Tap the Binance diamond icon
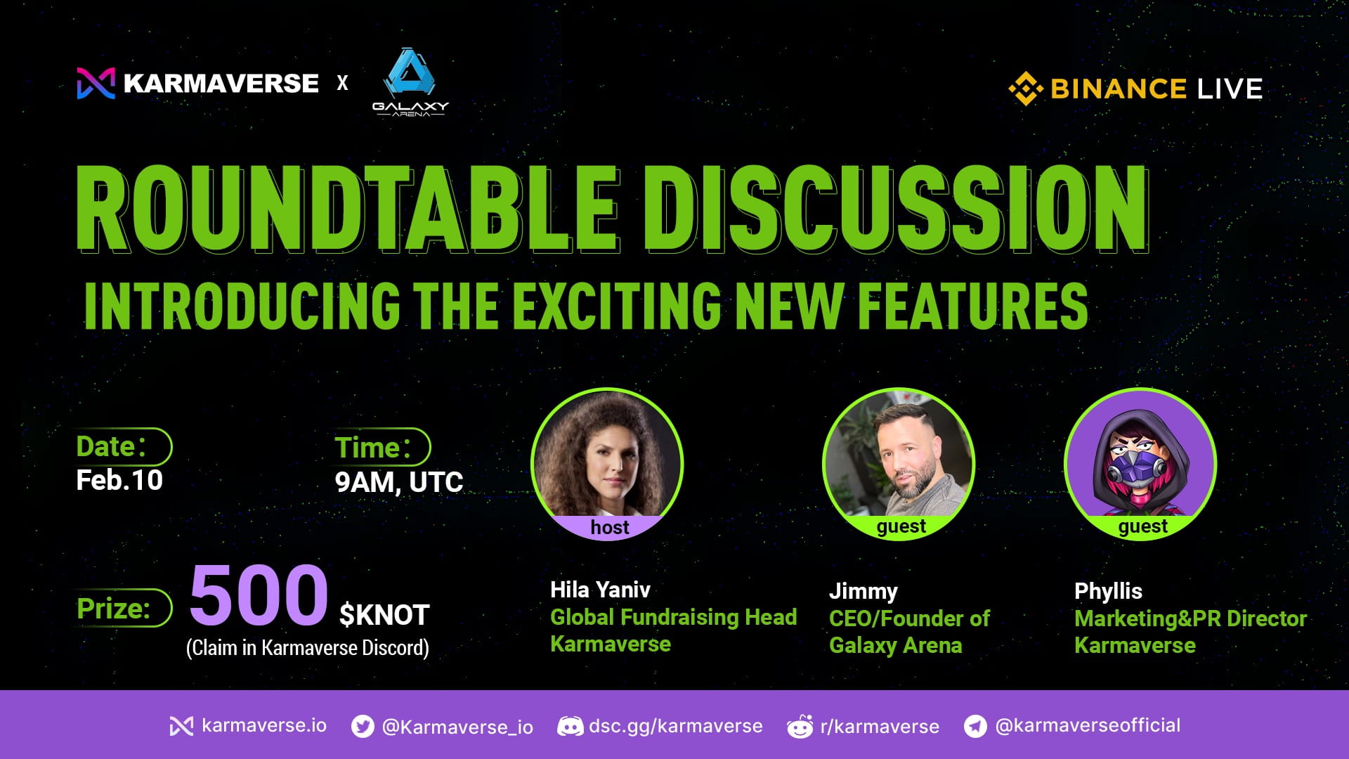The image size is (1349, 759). (1025, 89)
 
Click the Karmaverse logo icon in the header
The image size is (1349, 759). (96, 84)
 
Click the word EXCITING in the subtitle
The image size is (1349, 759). (616, 306)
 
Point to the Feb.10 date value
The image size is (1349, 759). (119, 481)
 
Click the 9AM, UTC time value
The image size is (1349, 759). (398, 483)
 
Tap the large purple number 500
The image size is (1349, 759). (259, 595)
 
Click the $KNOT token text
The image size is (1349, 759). (384, 616)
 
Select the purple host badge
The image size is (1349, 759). (609, 527)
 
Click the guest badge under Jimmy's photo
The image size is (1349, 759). (901, 526)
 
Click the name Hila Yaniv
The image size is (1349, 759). (600, 590)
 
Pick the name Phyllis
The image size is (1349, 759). (1108, 591)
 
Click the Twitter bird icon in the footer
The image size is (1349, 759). (363, 726)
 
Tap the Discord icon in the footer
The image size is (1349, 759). (570, 726)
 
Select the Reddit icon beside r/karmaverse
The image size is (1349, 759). (800, 727)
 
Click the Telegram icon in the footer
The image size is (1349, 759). (975, 726)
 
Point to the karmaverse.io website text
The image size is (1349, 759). (263, 725)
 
